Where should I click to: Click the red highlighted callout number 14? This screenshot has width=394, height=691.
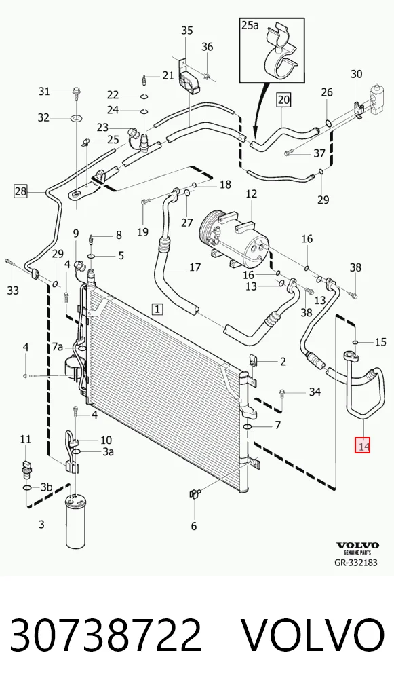pos(363,446)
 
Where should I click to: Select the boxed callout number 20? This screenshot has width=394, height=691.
pos(284,100)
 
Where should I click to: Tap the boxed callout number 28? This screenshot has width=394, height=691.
pos(21,191)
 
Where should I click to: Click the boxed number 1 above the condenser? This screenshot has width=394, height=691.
pos(157,310)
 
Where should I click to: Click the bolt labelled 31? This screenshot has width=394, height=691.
pos(76,94)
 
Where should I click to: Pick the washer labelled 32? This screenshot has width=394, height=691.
pos(76,118)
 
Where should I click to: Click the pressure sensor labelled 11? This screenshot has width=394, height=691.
pos(26,466)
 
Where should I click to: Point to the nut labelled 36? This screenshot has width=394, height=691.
pos(206,77)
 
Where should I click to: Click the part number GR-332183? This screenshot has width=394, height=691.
pos(356,563)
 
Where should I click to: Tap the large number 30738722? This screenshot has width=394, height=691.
pos(106,635)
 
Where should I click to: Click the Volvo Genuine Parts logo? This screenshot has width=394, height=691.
pos(357,548)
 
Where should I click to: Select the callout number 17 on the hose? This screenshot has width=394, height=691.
pos(195,267)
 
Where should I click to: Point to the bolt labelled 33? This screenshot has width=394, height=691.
pos(9,263)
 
